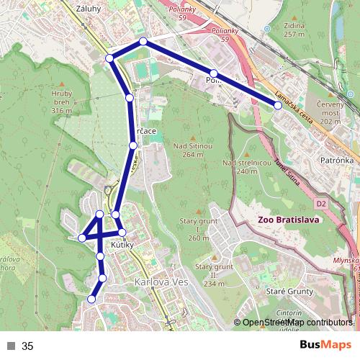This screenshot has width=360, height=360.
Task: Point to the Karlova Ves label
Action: coord(161,282)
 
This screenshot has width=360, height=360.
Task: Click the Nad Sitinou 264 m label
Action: coord(193,149)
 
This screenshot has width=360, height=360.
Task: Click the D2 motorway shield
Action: coord(321,204)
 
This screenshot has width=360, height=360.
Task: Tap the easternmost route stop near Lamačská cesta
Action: coord(278,106)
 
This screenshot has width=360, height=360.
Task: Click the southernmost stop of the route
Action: coord(91,299)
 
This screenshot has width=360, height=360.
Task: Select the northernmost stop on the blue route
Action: coord(143,42)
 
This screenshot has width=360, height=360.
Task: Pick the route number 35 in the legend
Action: coord(27,346)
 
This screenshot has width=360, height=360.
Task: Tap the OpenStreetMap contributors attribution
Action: coord(296,323)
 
